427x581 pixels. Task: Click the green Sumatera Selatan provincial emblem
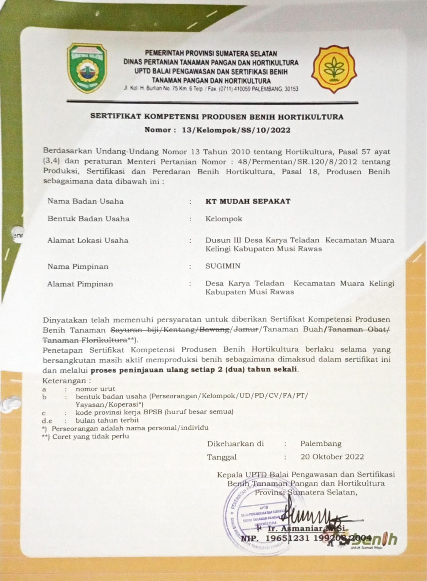point(87,68)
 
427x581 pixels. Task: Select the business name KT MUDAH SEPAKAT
point(248,201)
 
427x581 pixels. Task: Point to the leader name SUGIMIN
point(223,266)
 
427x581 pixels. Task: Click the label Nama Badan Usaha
point(86,201)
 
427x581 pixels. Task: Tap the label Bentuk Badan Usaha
point(88,219)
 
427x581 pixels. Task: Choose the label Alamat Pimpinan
point(80,284)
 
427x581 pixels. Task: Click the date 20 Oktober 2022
point(332,457)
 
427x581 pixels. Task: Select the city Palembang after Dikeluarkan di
point(321,444)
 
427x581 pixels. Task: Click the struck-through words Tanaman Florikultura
point(82,340)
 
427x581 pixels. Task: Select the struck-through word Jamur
point(245,329)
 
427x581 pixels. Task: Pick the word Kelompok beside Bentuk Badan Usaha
point(224,219)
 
